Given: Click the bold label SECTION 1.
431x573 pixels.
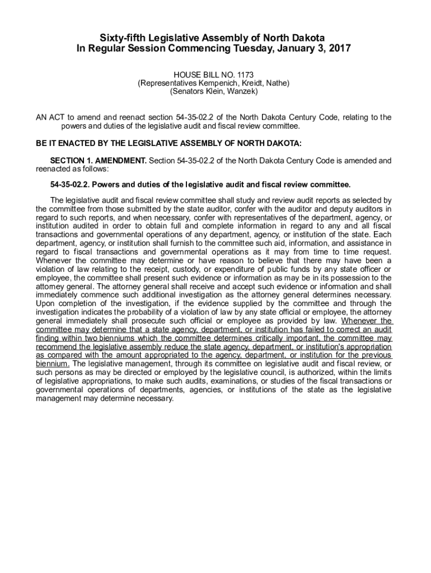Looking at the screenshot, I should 71,161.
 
